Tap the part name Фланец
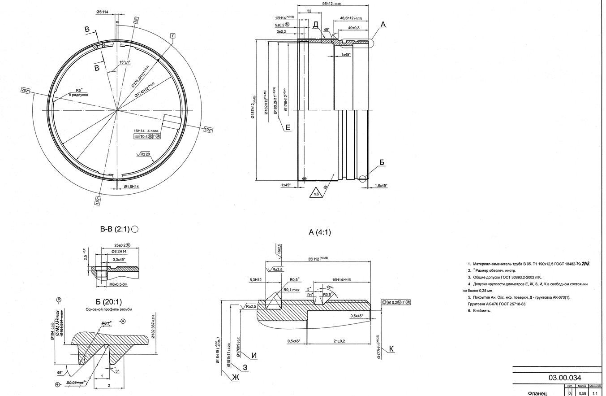tap(537, 393)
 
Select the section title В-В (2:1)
tap(115, 229)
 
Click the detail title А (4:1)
tap(320, 232)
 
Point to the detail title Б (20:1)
tap(109, 301)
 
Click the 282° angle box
tap(26, 91)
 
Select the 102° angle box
tap(208, 130)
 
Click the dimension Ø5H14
tap(102, 12)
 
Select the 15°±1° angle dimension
tap(125, 62)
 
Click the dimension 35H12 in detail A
tap(317, 259)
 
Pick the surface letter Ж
tap(235, 378)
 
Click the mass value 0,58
tap(582, 393)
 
